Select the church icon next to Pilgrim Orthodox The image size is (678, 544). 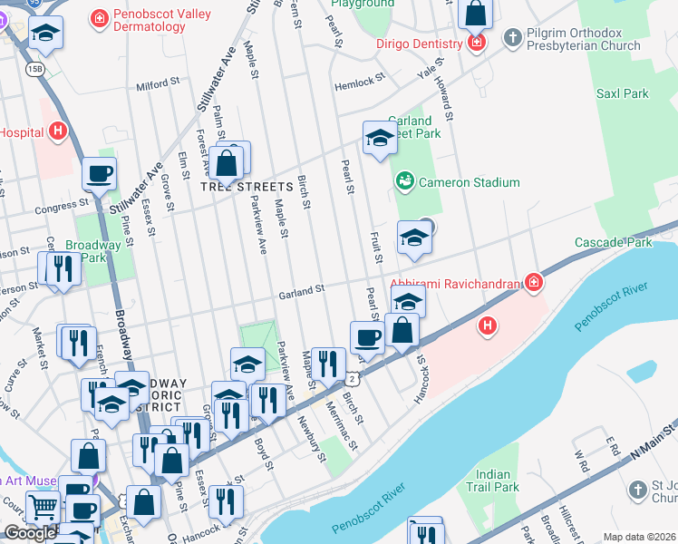click(x=512, y=38)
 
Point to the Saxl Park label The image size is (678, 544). click(x=622, y=93)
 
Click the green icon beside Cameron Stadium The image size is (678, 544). click(x=404, y=182)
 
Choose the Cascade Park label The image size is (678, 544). click(x=626, y=243)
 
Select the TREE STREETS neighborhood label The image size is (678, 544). click(x=247, y=187)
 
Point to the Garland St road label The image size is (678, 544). click(x=301, y=291)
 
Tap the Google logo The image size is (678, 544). click(x=30, y=533)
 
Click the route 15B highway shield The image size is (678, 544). click(x=34, y=69)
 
